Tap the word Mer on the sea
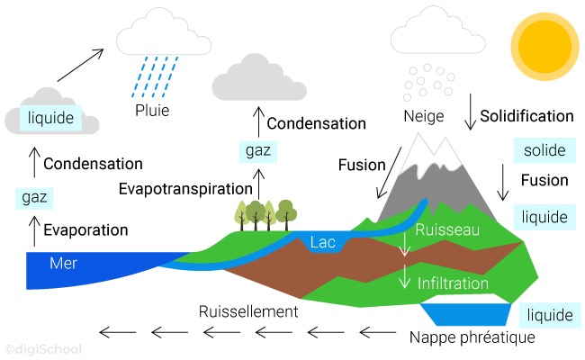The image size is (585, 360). coord(63,264)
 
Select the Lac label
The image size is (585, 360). coord(323,242)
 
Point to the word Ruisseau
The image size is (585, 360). coord(446,230)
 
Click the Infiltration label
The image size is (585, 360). coord(453,283)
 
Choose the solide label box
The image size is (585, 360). coord(544,149)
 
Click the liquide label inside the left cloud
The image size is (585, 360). coord(50,118)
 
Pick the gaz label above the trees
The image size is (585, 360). coord(259,150)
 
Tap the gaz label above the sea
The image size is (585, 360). coord(34,196)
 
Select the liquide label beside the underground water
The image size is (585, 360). coord(549,315)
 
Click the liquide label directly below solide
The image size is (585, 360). coord(544,217)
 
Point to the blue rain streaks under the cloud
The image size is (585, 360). coord(154,76)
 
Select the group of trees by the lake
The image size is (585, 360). coord(265,214)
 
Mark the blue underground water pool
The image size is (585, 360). coord(464,314)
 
